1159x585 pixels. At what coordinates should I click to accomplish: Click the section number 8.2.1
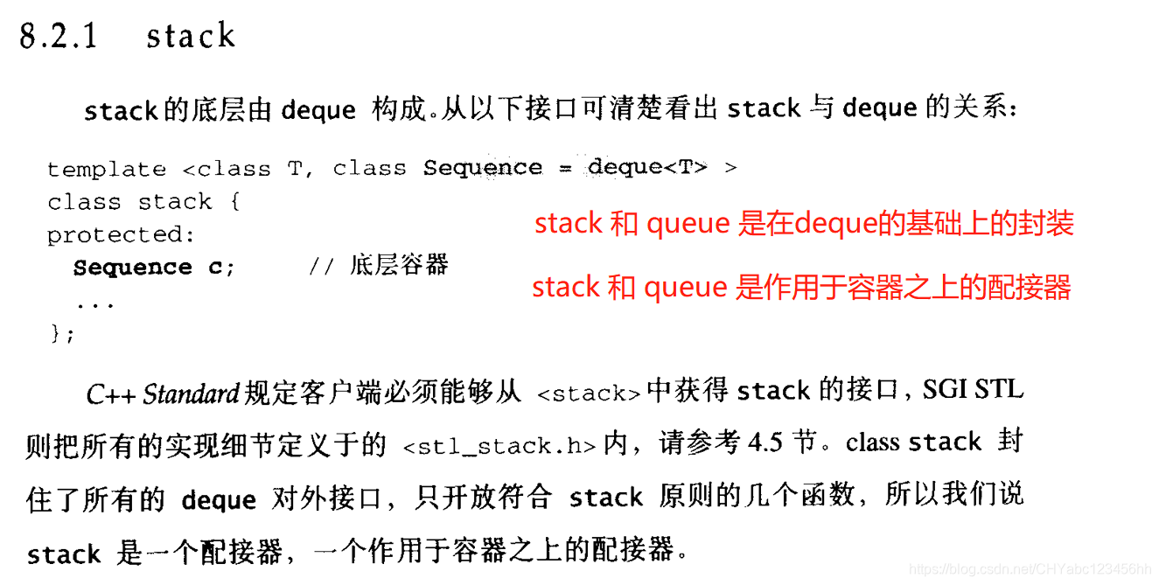58,36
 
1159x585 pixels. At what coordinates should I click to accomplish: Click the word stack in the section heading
191,36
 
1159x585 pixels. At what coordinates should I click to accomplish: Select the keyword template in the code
106,169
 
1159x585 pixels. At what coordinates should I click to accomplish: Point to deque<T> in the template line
647,166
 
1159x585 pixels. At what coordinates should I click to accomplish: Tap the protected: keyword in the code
122,234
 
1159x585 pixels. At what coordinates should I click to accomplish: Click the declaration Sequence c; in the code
154,268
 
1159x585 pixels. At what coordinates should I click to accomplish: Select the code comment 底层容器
399,265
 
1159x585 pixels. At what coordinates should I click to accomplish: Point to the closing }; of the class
63,333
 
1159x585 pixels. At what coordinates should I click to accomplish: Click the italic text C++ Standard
163,393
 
